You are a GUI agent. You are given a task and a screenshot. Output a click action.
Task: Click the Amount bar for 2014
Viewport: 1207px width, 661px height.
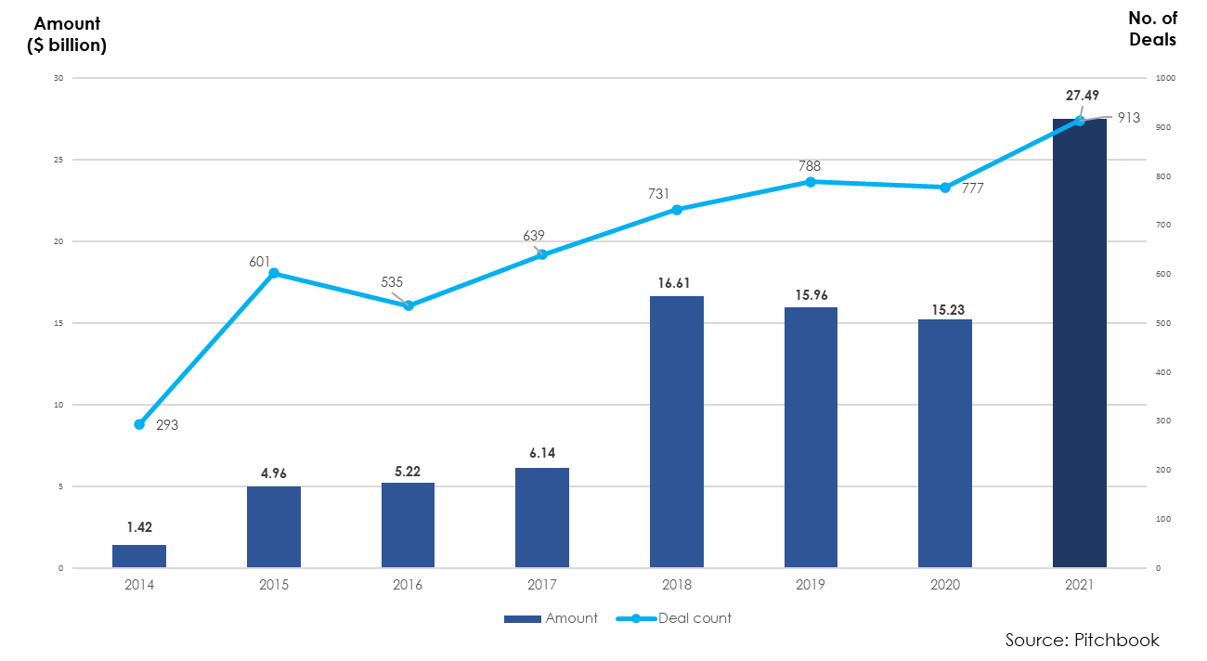139,556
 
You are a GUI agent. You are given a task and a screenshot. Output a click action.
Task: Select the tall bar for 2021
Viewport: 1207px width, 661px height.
1079,343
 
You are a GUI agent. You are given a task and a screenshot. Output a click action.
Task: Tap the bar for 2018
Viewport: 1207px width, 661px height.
677,432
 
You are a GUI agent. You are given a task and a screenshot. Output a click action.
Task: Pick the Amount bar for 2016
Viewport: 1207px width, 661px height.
408,525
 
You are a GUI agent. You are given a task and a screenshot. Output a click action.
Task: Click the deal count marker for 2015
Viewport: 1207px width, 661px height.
274,273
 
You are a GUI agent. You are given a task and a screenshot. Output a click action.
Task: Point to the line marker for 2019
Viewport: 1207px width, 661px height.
811,182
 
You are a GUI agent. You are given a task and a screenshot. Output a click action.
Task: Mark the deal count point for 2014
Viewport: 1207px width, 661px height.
139,424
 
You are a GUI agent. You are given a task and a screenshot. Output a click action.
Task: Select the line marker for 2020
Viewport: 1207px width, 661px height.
945,188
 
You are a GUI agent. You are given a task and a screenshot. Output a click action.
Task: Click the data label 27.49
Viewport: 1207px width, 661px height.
1082,96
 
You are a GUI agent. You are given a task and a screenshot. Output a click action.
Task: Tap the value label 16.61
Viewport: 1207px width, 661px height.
677,283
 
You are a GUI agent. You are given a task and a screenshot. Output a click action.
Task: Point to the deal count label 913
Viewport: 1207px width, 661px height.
1128,118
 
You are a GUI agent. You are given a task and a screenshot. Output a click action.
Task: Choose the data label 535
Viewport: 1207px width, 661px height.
392,282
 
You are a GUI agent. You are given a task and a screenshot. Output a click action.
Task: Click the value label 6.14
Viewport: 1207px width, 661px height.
542,453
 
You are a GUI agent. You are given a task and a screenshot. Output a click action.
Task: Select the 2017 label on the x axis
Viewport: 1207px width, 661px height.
542,586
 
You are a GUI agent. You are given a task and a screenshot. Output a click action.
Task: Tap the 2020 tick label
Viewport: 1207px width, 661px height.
945,586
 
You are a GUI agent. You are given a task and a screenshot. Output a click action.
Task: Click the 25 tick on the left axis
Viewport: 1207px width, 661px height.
58,160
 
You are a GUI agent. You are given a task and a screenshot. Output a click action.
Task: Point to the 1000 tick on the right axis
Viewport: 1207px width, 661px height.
1165,78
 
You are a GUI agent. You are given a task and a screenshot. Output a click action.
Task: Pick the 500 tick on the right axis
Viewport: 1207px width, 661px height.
1162,323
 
